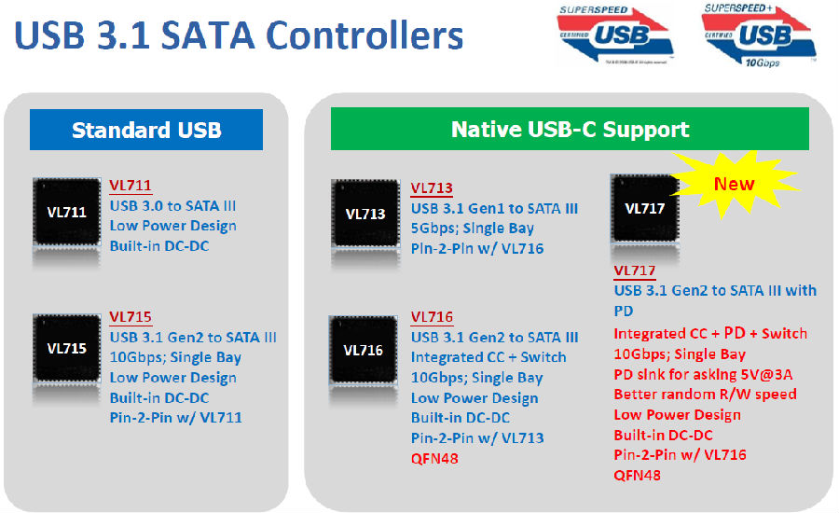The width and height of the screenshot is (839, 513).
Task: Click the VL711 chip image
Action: (x=67, y=212)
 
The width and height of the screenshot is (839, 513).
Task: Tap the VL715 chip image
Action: (x=67, y=348)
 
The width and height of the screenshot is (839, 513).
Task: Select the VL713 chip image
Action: (x=365, y=214)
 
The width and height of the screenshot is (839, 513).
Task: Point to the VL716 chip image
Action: (x=364, y=350)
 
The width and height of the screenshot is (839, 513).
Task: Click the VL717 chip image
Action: (x=645, y=208)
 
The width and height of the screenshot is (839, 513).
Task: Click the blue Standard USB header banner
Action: (x=146, y=130)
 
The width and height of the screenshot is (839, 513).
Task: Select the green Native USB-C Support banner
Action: (x=570, y=129)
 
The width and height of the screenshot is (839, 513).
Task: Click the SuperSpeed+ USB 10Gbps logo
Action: (x=759, y=35)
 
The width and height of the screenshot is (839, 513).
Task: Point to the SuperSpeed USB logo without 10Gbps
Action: (x=615, y=35)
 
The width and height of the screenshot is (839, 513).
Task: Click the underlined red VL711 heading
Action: (x=131, y=186)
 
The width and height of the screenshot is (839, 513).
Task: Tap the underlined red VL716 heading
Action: (x=432, y=317)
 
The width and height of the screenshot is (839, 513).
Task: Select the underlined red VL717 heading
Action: (x=635, y=271)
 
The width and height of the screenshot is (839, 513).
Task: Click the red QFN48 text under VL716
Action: (x=434, y=458)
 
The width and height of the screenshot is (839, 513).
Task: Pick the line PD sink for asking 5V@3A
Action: (x=703, y=374)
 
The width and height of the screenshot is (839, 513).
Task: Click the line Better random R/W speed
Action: (x=706, y=395)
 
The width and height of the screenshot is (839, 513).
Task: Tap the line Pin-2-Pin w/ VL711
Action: (x=176, y=418)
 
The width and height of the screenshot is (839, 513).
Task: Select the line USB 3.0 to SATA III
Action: (x=172, y=206)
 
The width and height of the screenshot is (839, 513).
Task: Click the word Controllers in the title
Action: (x=364, y=35)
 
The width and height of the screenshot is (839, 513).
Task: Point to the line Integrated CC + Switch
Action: (x=488, y=357)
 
